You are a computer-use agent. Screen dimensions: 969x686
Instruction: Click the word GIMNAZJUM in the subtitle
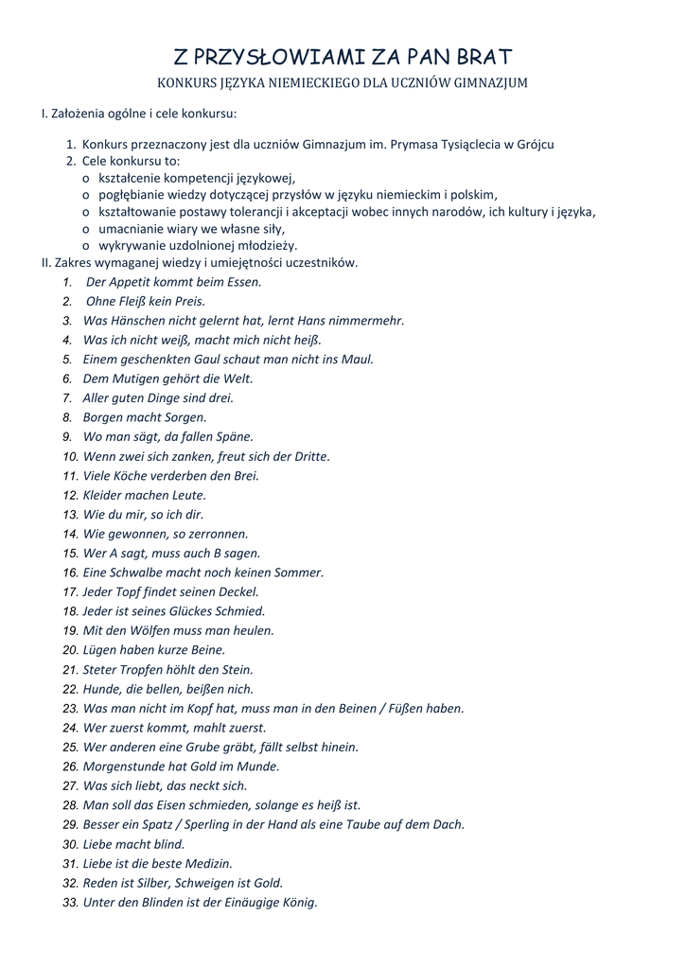pyautogui.click(x=482, y=83)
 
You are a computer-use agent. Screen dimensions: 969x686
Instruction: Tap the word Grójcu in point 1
pyautogui.click(x=534, y=145)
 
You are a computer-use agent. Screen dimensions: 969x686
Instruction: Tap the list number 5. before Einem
pyautogui.click(x=68, y=359)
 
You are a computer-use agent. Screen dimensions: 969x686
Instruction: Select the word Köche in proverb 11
pyautogui.click(x=133, y=475)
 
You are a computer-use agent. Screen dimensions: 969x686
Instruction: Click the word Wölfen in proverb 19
pyautogui.click(x=146, y=630)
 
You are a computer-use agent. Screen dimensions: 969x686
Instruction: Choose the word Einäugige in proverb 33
pyautogui.click(x=249, y=902)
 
